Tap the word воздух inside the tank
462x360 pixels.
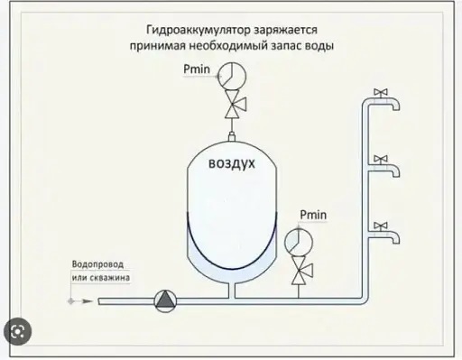tap(233, 165)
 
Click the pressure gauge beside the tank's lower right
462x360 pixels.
tap(294, 242)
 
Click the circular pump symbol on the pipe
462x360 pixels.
tap(164, 300)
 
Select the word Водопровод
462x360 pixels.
tap(96, 265)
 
